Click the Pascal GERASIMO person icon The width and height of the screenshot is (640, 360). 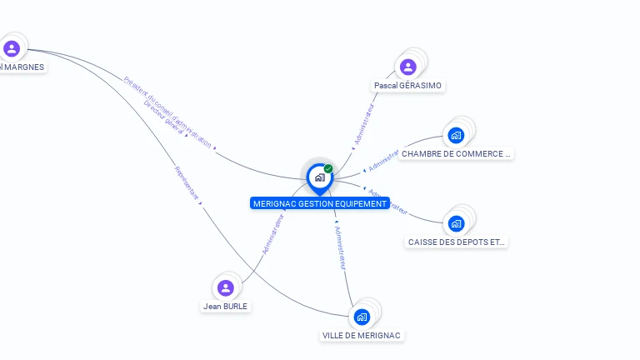pyautogui.click(x=407, y=67)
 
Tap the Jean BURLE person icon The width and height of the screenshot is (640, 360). pyautogui.click(x=225, y=288)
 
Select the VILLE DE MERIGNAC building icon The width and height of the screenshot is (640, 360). pyautogui.click(x=362, y=317)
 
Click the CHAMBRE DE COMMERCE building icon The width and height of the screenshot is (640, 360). pyautogui.click(x=455, y=135)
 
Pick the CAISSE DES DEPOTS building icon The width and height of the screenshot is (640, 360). pyautogui.click(x=456, y=223)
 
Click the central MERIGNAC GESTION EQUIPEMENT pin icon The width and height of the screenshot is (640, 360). pyautogui.click(x=319, y=177)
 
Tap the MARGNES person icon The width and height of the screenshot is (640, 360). pyautogui.click(x=11, y=48)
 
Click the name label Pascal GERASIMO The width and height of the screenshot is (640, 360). pyautogui.click(x=407, y=86)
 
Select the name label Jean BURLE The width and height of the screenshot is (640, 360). pyautogui.click(x=225, y=306)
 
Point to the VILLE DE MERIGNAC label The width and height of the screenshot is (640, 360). pyautogui.click(x=362, y=336)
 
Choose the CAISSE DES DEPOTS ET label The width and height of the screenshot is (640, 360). pyautogui.click(x=456, y=242)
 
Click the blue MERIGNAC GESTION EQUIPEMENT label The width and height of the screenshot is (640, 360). pyautogui.click(x=319, y=203)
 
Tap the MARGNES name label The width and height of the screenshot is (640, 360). pyautogui.click(x=22, y=67)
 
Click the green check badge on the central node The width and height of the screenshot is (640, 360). pyautogui.click(x=328, y=169)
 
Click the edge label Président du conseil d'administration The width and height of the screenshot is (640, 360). pyautogui.click(x=167, y=112)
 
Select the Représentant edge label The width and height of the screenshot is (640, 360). pyautogui.click(x=187, y=182)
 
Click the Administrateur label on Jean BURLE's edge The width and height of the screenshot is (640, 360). pyautogui.click(x=272, y=234)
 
